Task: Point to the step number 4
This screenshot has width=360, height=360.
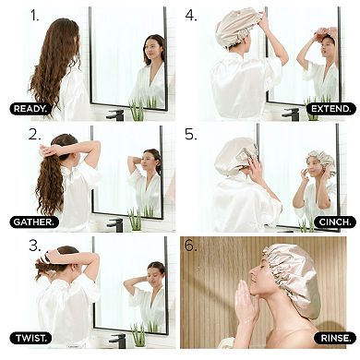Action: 192,16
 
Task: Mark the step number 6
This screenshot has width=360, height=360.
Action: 192,246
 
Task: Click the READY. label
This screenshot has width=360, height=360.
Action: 30,108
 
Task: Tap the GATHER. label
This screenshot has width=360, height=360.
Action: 33,222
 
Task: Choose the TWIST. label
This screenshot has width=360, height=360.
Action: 30,338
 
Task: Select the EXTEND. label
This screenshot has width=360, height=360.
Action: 330,108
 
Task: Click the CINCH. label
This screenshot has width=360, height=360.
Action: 334,222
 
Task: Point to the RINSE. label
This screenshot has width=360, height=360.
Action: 334,338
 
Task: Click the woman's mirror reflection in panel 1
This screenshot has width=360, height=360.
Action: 153,69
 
